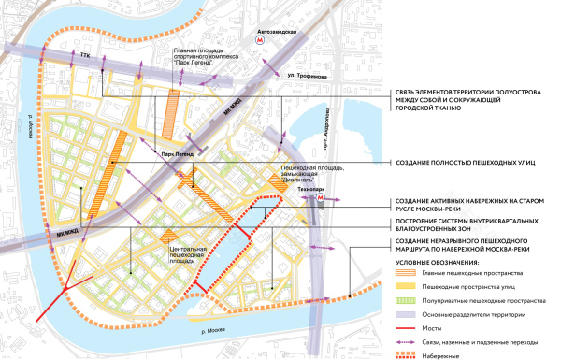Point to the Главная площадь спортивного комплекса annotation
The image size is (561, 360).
pyautogui.click(x=204, y=58)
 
